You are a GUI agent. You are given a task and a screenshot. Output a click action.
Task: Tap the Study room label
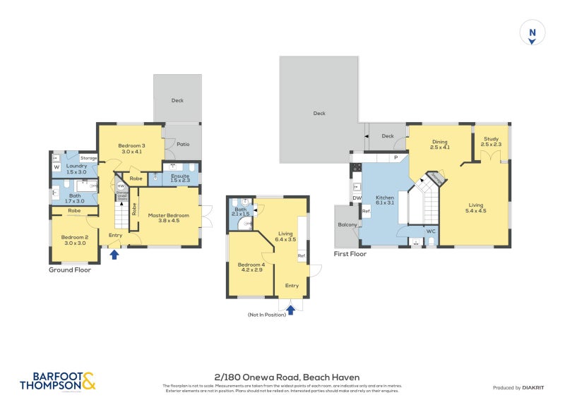490,141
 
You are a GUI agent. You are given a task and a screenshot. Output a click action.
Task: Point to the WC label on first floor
431,231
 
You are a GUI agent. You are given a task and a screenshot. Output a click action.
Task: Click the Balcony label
347,225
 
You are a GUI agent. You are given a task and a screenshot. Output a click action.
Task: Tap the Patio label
183,145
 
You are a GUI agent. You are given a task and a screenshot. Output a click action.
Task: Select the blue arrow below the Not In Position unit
290,308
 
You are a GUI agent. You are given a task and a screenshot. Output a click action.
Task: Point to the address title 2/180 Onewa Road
282,377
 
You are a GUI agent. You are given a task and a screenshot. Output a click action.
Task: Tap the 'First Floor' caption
350,254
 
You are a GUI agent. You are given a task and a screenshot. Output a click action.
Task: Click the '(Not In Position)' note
266,315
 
